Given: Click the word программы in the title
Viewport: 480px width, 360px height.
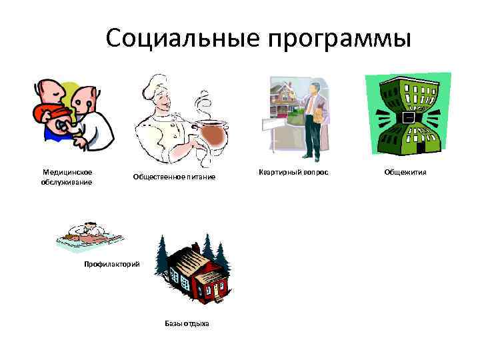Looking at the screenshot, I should (x=339, y=39).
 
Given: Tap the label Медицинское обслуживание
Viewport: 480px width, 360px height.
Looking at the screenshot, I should (x=67, y=177).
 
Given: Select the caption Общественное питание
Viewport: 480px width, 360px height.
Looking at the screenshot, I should (x=174, y=177).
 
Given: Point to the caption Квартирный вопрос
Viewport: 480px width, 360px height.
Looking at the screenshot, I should (x=294, y=173).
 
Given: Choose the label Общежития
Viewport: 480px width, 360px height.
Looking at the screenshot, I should (x=405, y=173).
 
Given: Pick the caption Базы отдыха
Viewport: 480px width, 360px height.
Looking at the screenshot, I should (x=187, y=323).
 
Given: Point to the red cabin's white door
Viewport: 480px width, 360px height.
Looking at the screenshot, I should (x=215, y=288).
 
